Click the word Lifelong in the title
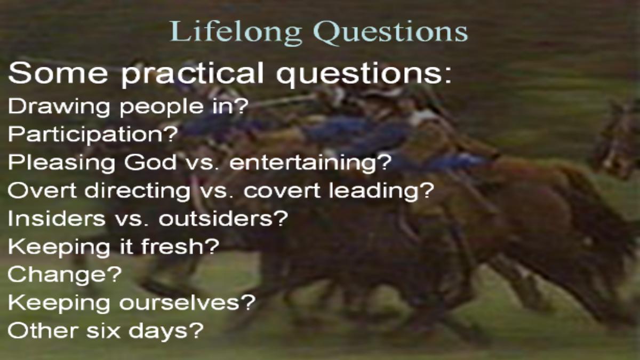pyautogui.click(x=236, y=32)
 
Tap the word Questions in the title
pyautogui.click(x=390, y=32)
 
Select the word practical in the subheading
pyautogui.click(x=192, y=74)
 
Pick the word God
pyautogui.click(x=150, y=162)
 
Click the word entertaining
pyautogui.click(x=310, y=162)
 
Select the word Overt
pyautogui.click(x=42, y=190)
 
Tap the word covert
pyautogui.click(x=282, y=190)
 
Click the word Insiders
pyautogui.click(x=57, y=218)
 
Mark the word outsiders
pyautogui.click(x=223, y=218)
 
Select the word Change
pyautogui.click(x=65, y=275)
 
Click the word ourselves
pyautogui.click(x=187, y=302)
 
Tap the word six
pyautogui.click(x=103, y=330)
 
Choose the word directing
pyautogui.click(x=138, y=190)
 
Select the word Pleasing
pyautogui.click(x=61, y=163)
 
